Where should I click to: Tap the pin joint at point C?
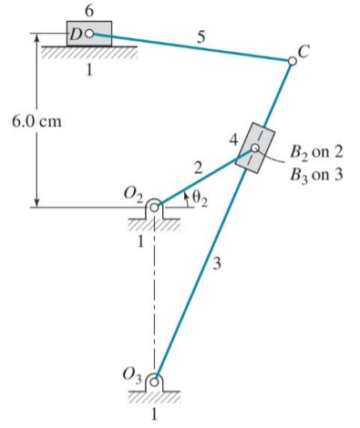pyautogui.click(x=292, y=61)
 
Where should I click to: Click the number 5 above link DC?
pyautogui.click(x=201, y=37)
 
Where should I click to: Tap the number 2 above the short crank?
pyautogui.click(x=195, y=166)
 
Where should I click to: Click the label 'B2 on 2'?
pyautogui.click(x=314, y=152)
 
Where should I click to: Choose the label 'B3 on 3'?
pyautogui.click(x=314, y=173)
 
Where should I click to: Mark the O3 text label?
pyautogui.click(x=134, y=372)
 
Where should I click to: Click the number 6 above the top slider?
pyautogui.click(x=88, y=8)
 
